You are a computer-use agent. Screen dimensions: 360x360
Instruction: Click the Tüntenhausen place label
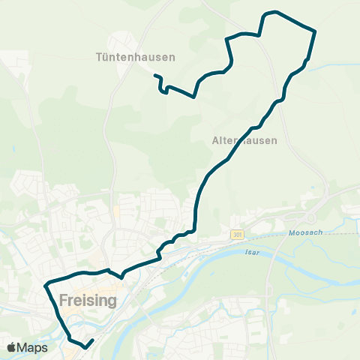136,57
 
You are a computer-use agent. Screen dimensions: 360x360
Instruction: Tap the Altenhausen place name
244,140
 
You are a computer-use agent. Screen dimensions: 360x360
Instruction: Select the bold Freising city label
88,301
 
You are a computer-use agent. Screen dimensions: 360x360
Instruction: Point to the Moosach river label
305,233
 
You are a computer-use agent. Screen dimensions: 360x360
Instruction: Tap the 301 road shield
238,235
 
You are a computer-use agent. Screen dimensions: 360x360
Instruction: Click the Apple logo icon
12,347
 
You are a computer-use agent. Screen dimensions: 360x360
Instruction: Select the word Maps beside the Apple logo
34,348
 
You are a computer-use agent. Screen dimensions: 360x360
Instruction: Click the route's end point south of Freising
92,340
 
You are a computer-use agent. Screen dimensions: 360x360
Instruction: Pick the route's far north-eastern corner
315,31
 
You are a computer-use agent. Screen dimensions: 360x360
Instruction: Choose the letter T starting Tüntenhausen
100,57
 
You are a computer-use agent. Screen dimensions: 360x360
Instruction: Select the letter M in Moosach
292,233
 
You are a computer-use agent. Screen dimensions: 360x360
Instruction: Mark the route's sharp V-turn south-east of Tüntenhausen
194,97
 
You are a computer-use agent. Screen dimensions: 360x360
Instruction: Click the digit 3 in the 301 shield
234,235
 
